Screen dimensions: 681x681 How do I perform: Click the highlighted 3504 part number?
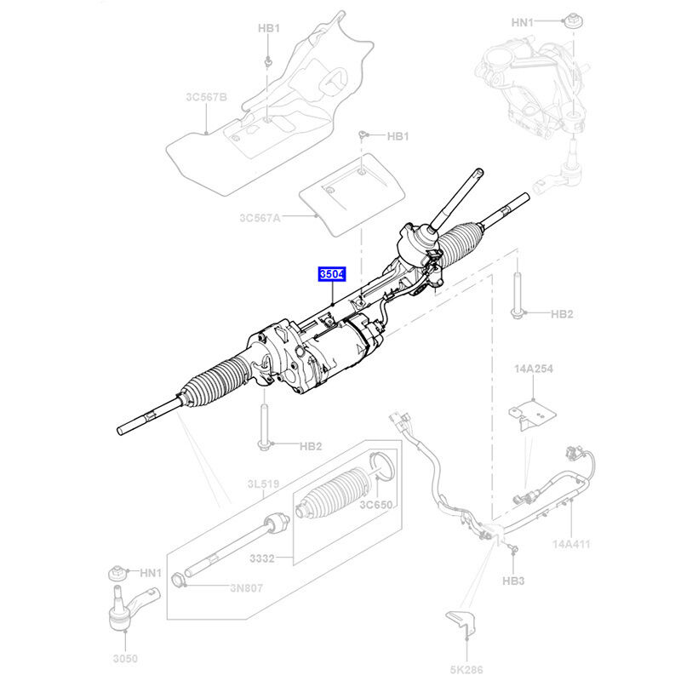click(332, 275)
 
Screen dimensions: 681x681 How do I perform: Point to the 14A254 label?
click(534, 370)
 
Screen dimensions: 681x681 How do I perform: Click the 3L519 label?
click(263, 484)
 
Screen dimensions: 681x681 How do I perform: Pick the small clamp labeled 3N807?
click(180, 582)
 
